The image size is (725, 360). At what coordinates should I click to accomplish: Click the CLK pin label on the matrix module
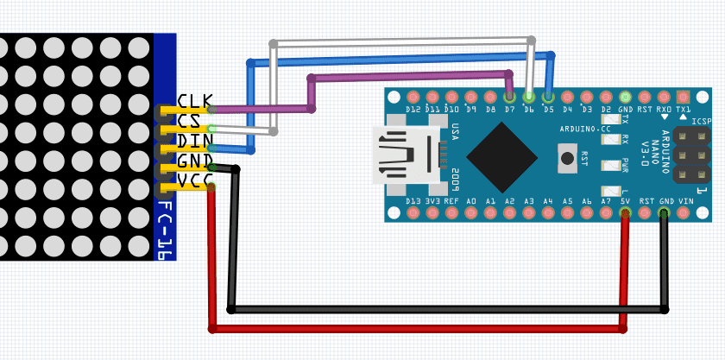click(x=194, y=102)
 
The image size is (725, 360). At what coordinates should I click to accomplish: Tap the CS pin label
click(x=189, y=121)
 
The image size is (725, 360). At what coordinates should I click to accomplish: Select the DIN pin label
click(x=194, y=141)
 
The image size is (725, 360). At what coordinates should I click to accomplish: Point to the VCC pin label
click(x=194, y=180)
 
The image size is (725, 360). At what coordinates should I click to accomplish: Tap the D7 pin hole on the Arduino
click(x=510, y=97)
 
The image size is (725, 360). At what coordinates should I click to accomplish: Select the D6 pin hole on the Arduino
click(x=529, y=97)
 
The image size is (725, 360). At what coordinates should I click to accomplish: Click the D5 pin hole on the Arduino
click(x=548, y=97)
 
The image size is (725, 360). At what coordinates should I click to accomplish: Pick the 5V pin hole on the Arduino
click(x=625, y=212)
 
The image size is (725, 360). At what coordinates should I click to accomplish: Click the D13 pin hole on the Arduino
click(x=413, y=212)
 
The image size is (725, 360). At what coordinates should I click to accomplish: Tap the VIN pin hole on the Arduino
click(x=684, y=212)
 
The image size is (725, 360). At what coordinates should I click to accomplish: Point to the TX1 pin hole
click(x=684, y=97)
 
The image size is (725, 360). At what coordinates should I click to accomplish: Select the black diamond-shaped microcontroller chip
click(x=501, y=156)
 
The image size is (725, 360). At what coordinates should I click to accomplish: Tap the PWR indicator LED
click(x=611, y=164)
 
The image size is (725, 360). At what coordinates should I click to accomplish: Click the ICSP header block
click(x=691, y=155)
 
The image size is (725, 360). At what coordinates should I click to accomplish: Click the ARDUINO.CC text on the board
click(x=585, y=129)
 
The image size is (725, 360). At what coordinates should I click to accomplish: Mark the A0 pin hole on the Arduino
click(x=471, y=212)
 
